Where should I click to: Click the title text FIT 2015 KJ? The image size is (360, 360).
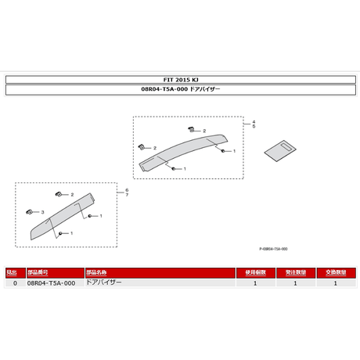[180, 80]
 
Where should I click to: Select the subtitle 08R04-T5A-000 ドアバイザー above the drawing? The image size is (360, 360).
[180, 90]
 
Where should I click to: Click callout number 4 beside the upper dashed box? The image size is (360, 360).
[253, 123]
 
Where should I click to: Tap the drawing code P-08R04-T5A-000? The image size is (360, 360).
[273, 249]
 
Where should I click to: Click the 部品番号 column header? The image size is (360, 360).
[39, 272]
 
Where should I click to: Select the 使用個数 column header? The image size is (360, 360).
[255, 272]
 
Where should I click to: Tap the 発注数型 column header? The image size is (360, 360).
[295, 272]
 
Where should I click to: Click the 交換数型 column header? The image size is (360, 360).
[335, 272]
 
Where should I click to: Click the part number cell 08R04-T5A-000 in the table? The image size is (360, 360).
[51, 283]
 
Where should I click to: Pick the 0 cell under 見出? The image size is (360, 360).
[14, 283]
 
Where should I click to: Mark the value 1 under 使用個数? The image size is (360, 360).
[255, 283]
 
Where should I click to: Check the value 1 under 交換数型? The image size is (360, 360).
[335, 283]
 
